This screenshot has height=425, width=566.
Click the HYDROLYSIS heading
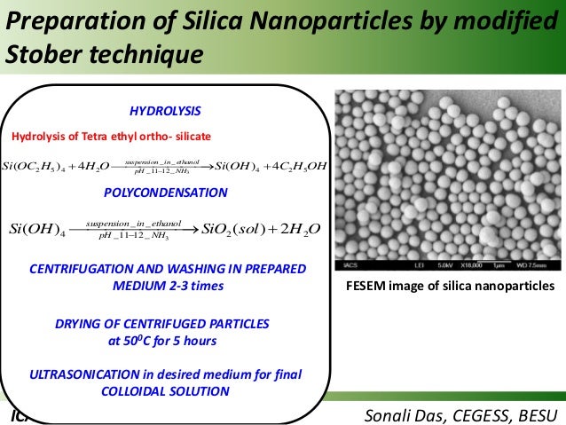click(165, 111)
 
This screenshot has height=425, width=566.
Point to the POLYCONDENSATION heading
click(165, 193)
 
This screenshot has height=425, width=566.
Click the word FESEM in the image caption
click(371, 285)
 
